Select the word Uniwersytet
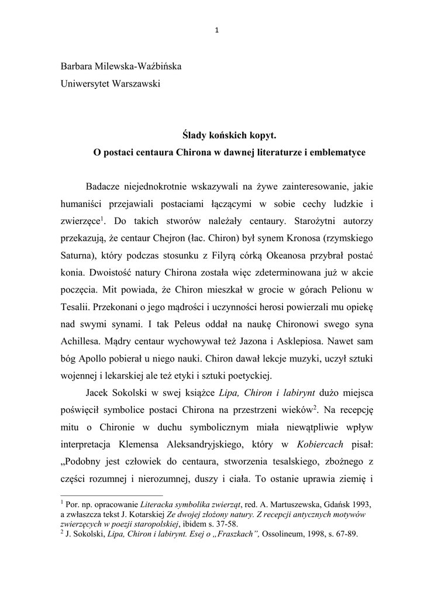85,84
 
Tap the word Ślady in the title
194,136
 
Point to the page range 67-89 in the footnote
344,533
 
